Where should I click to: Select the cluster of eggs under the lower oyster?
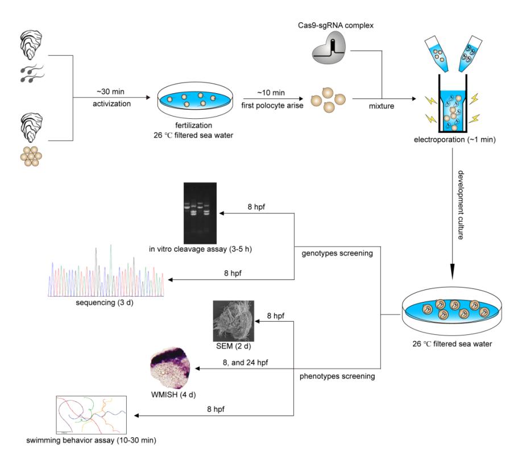click(30, 154)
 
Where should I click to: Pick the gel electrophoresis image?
click(200, 210)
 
